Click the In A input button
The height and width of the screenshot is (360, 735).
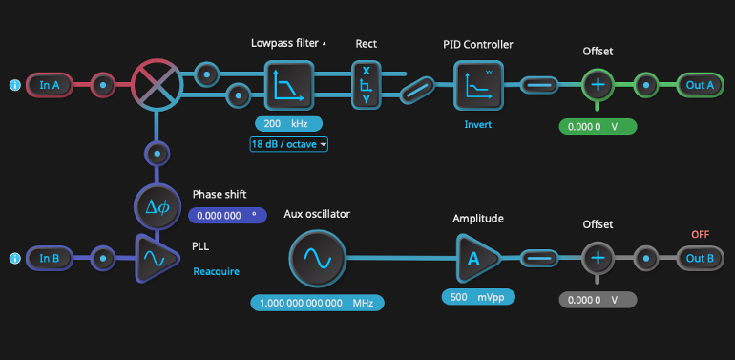click(50, 85)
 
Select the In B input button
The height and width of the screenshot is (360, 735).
click(50, 258)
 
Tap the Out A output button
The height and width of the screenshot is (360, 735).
click(700, 85)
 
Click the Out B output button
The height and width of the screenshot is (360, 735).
click(700, 258)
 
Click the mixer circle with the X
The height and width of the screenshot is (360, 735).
click(157, 84)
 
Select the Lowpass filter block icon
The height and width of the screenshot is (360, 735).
click(288, 85)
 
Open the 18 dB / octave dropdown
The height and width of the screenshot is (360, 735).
click(288, 144)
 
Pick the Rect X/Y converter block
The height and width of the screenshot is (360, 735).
click(366, 84)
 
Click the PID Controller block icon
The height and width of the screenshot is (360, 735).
click(477, 85)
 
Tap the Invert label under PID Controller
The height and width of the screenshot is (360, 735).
click(477, 125)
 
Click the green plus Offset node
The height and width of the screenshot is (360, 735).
click(598, 85)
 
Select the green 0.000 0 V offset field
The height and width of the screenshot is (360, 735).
click(598, 126)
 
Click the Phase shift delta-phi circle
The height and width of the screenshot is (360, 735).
click(157, 207)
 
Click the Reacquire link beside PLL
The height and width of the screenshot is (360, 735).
click(216, 271)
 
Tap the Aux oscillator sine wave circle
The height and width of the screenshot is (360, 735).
click(317, 258)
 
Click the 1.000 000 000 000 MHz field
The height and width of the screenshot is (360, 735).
click(317, 303)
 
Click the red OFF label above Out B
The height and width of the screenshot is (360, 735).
click(700, 234)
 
